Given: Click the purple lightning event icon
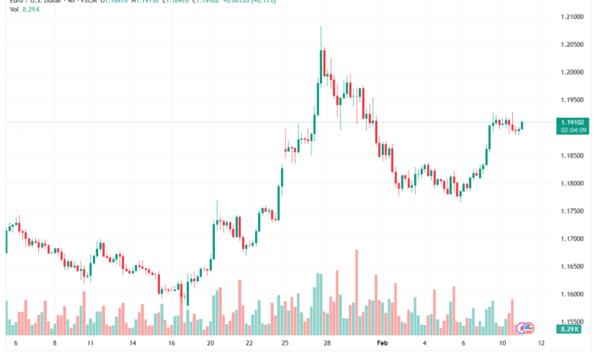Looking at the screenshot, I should (529, 328).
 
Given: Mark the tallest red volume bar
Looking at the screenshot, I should (357, 291).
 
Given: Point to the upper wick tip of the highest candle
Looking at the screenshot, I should (320, 26).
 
